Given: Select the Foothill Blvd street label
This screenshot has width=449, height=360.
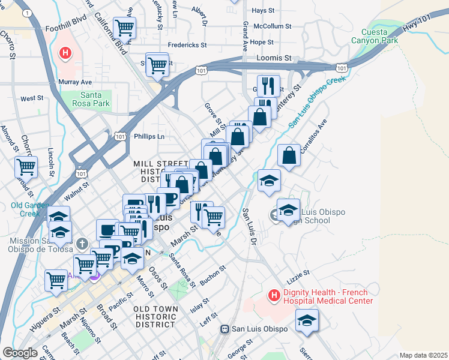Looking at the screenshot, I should tap(66, 28).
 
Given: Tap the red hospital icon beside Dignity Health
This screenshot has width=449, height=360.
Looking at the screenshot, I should tap(274, 295).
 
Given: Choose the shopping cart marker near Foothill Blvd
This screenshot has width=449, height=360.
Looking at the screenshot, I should tap(124, 28).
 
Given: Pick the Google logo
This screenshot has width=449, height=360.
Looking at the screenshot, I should tap(20, 353).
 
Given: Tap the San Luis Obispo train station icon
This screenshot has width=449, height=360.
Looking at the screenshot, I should tap(225, 329).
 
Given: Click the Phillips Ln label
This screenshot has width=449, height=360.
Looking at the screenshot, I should tap(149, 136).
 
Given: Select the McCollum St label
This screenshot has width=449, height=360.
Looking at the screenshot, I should tap(272, 26).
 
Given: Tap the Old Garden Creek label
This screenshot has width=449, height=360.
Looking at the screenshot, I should tap(25, 209).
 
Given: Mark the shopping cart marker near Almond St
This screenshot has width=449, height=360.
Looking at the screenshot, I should tap(26, 167).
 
